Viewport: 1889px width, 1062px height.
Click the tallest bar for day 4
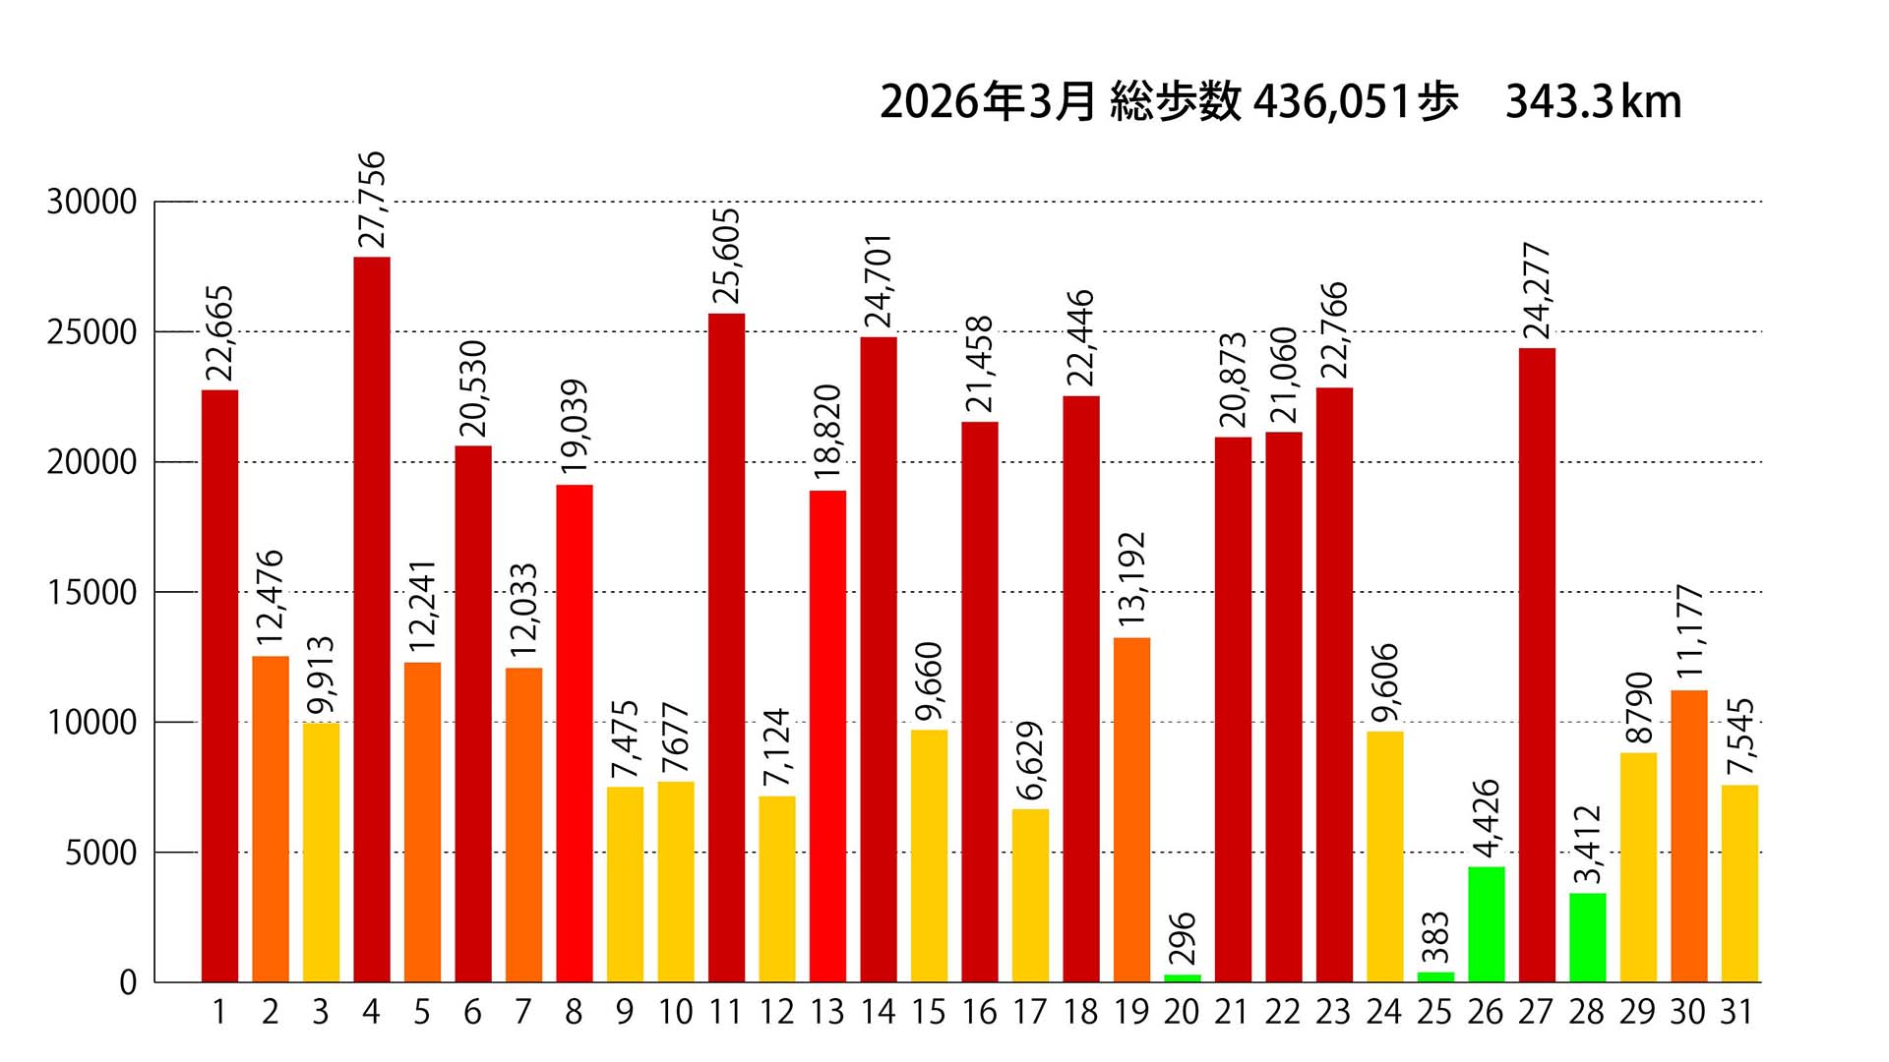(371, 619)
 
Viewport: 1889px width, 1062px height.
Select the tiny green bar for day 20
(1182, 977)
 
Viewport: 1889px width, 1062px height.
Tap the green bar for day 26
(1486, 923)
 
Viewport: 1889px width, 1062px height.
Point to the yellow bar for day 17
(1030, 895)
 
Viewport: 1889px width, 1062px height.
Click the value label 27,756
(372, 200)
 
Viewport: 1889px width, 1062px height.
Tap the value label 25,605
(726, 257)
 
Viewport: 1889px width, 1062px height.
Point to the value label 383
(1435, 937)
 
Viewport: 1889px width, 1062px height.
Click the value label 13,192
(1131, 579)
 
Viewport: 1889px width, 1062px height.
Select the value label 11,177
(1689, 631)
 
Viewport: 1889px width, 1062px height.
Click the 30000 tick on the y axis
(91, 203)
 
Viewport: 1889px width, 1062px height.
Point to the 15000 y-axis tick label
(91, 593)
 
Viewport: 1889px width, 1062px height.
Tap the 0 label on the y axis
(128, 982)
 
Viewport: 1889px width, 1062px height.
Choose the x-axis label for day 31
(1737, 1013)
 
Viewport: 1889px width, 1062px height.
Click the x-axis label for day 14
(878, 1013)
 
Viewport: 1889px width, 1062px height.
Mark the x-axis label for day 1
(219, 1013)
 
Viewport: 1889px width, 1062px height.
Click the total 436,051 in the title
(1332, 102)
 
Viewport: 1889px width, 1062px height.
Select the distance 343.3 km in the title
(1593, 102)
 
